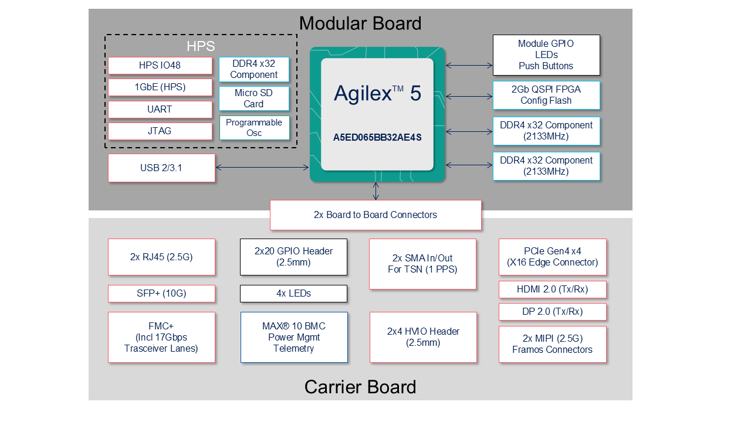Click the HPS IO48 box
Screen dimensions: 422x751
coord(160,66)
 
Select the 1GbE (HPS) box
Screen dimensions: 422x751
coord(160,87)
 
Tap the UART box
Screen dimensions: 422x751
coord(160,110)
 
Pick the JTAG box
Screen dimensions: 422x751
coord(160,131)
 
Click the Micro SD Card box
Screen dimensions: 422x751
coord(253,98)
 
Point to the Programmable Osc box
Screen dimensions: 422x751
coord(254,128)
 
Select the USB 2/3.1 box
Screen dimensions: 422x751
coord(161,168)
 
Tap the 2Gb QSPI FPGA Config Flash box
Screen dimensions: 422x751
coord(546,95)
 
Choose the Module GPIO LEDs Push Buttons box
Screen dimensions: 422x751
coord(546,55)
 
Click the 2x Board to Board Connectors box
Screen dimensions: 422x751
coord(375,215)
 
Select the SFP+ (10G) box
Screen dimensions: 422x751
coord(161,293)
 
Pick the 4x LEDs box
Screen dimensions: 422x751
coord(293,293)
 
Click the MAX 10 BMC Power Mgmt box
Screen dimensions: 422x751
coord(293,337)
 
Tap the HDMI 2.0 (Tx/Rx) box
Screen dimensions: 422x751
coord(552,290)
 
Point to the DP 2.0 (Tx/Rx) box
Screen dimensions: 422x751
coord(552,312)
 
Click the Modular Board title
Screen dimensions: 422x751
coord(360,23)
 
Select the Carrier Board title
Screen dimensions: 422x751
coord(360,387)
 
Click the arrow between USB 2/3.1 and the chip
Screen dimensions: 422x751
coord(262,168)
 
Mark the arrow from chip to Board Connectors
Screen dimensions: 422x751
coord(376,191)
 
